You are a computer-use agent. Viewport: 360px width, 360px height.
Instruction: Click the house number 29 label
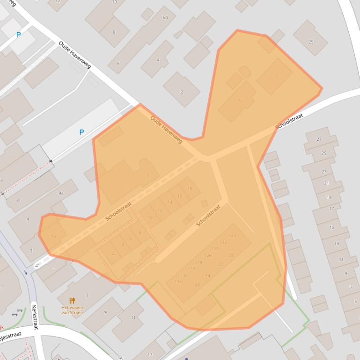pos(311,42)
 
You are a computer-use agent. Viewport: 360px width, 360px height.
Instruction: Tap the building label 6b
pos(165,17)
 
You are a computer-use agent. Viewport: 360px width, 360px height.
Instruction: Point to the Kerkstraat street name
pos(34,317)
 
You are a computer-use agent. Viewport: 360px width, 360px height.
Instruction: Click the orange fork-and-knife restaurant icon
pos(72,300)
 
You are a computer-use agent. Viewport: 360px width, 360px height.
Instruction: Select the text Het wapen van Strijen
pos(72,310)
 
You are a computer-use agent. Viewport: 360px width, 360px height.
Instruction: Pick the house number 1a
pos(54,237)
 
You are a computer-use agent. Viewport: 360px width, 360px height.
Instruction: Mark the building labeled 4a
pos(61,193)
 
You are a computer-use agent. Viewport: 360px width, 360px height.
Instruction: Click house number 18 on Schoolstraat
pos(190,188)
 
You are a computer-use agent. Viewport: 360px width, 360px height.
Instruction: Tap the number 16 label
pos(180,196)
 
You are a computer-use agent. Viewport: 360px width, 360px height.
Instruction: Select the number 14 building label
pos(170,202)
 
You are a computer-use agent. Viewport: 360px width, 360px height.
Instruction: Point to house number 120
pos(232,235)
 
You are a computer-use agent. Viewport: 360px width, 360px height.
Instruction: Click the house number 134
pos(178,282)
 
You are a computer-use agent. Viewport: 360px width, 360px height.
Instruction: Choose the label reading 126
pos(208,255)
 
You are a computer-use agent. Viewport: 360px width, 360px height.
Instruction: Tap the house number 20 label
pos(232,255)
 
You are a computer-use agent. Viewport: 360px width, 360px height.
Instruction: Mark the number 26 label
pos(198,284)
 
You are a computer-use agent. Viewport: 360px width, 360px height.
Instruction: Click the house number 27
pos(319,139)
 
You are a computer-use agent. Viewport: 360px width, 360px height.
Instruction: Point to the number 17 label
pos(331,209)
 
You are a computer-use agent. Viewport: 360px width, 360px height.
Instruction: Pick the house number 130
pos(191,269)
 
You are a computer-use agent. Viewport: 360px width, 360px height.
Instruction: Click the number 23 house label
pos(324,172)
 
